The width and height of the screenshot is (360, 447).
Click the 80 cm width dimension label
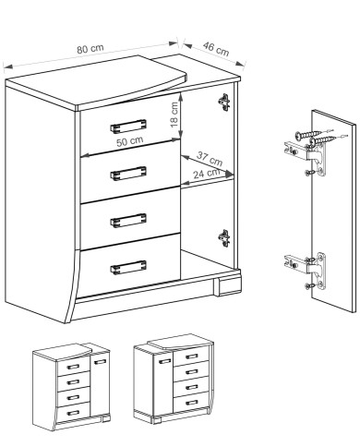coord(90,48)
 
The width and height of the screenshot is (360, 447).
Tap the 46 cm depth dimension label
coord(216,49)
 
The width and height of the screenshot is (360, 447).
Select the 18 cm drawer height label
coord(174,115)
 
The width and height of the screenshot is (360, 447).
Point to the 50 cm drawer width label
coord(130,141)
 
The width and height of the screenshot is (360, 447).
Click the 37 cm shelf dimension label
coord(210,159)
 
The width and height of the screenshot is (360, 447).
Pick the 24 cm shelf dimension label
coord(207,174)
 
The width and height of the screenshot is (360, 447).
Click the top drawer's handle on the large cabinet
coord(128,126)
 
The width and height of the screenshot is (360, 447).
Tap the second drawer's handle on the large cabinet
coord(128,174)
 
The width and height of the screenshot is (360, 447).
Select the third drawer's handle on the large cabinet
coord(128,221)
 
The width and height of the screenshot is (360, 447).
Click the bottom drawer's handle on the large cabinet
coord(128,267)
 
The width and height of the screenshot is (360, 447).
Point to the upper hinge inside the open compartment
coord(224,103)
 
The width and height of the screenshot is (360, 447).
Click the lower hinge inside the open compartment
coord(224,238)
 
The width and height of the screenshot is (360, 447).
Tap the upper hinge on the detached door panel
coord(306,159)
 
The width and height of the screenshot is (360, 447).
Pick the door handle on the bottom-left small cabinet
coord(100,361)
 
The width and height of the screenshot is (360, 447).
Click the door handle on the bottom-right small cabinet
coord(165,361)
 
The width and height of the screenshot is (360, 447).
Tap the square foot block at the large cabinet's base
coord(230,286)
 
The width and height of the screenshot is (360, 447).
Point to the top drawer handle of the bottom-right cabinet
coord(191,356)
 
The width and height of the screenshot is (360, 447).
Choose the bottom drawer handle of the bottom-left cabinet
coord(73,413)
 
